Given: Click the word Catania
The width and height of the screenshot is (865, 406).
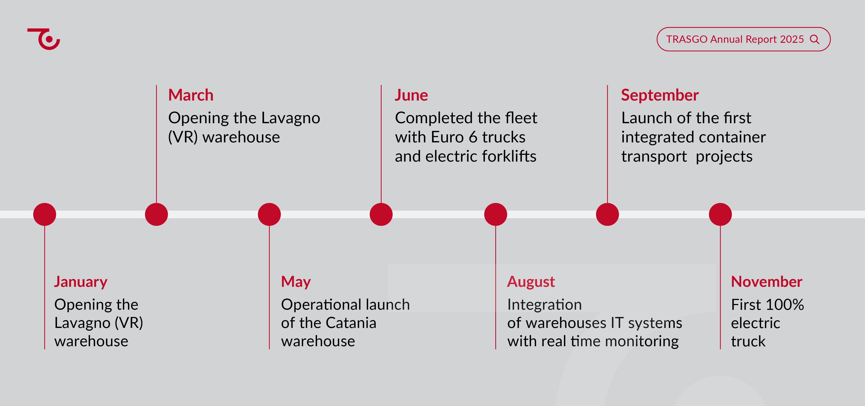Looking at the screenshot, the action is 351,323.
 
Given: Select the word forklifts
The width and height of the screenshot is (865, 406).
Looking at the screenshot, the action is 509,156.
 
